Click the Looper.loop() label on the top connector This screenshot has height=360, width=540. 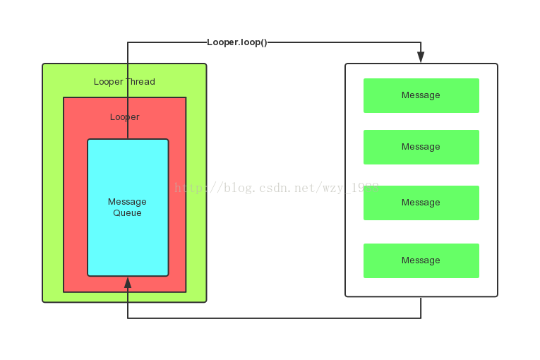[x=237, y=42]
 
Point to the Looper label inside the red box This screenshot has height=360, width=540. [x=125, y=117]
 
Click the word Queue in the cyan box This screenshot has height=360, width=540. [x=127, y=213]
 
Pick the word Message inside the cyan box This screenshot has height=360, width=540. [x=127, y=202]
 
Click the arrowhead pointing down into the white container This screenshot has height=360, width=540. [x=421, y=57]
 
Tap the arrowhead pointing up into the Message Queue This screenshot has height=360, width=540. [x=128, y=283]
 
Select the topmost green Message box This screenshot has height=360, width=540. [x=421, y=95]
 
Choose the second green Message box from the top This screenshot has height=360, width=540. [x=421, y=147]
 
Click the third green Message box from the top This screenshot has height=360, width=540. [x=421, y=203]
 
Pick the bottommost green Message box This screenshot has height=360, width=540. [x=421, y=260]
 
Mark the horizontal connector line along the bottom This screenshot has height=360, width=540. [x=275, y=318]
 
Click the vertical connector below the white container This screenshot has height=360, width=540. [x=421, y=308]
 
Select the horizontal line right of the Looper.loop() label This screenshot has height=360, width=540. [x=346, y=42]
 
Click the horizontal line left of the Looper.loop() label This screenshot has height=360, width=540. [x=167, y=42]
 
